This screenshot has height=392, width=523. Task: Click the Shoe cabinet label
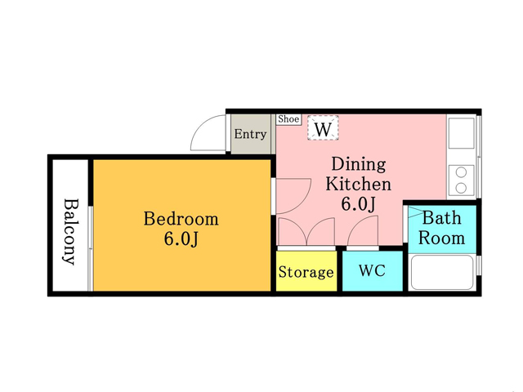click(288, 119)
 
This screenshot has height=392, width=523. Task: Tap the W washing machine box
click(323, 127)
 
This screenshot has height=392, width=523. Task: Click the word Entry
click(250, 134)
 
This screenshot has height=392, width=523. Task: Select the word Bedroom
click(181, 219)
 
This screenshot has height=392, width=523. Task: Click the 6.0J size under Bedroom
click(181, 238)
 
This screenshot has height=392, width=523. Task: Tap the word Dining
click(359, 164)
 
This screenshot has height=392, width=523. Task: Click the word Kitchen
click(358, 184)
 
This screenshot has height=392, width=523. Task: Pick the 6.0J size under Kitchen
click(358, 204)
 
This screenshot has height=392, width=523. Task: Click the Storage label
click(306, 272)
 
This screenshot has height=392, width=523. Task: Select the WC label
click(373, 270)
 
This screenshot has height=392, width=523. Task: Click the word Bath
click(442, 218)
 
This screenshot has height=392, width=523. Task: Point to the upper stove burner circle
click(461, 172)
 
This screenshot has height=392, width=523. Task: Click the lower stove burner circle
click(461, 188)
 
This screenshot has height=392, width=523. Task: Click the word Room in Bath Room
click(441, 238)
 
